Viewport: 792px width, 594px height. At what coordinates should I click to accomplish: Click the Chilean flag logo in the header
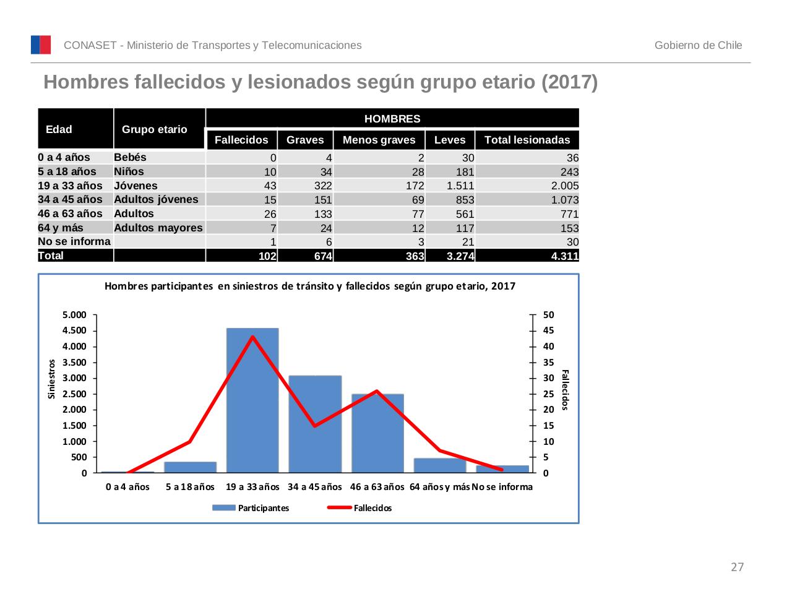click(41, 45)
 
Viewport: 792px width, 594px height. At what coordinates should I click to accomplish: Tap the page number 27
click(737, 567)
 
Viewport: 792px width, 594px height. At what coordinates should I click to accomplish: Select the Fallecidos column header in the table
click(241, 140)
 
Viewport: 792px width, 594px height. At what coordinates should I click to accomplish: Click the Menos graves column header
click(379, 140)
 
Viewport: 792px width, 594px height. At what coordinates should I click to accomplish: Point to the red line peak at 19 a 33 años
click(252, 337)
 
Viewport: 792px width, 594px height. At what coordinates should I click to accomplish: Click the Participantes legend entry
click(251, 508)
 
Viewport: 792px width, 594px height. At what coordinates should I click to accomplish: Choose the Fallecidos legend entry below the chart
click(360, 508)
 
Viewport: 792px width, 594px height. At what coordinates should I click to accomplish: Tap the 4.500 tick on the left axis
click(75, 330)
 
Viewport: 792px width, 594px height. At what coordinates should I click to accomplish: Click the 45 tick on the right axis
click(548, 330)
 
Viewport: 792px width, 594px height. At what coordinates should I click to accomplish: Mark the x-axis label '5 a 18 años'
click(190, 487)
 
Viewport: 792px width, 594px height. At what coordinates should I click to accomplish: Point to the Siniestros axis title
click(52, 379)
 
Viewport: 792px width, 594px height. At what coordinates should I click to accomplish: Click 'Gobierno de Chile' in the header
click(698, 45)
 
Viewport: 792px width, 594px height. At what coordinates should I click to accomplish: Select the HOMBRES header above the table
click(392, 119)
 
